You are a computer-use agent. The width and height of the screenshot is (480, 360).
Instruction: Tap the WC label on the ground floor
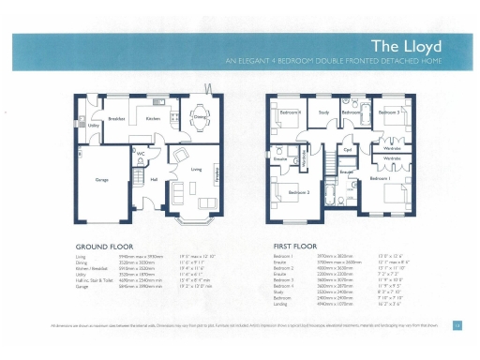tap(141, 153)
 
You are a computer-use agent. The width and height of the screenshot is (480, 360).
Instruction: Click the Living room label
tap(196, 169)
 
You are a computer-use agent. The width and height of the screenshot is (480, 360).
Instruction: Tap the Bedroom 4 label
tap(288, 112)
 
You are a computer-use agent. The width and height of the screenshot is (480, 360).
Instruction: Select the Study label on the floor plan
tap(323, 112)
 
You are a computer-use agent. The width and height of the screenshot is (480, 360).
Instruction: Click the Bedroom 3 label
tap(389, 112)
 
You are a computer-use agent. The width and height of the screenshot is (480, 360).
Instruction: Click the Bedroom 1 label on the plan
tap(380, 177)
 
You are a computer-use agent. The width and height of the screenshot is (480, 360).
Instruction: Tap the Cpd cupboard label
tap(347, 149)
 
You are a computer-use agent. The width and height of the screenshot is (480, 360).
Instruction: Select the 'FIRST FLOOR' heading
tap(292, 247)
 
